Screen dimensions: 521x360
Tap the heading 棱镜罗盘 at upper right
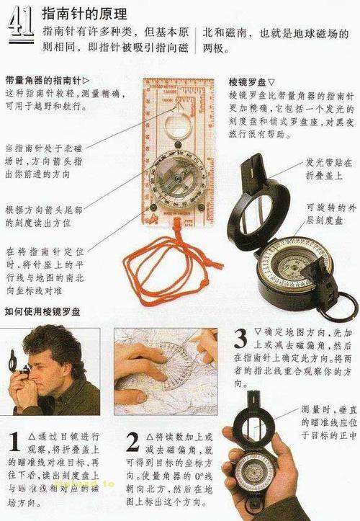(253, 81)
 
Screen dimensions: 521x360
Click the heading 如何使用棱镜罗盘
(42, 312)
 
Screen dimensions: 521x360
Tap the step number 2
(132, 441)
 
